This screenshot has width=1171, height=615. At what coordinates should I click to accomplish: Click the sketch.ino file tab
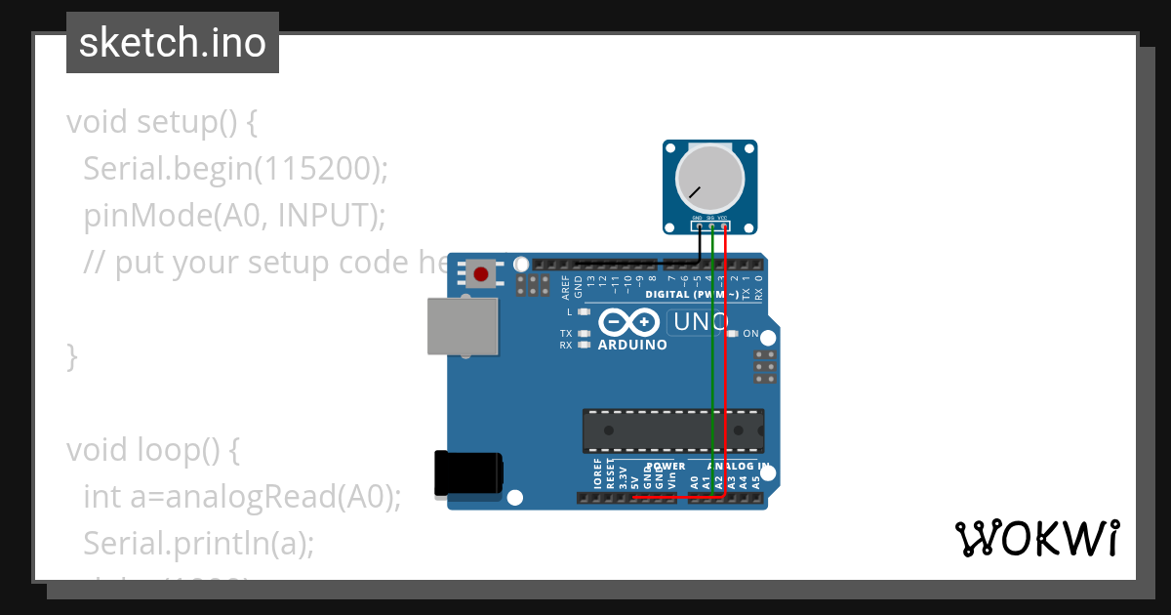tap(173, 43)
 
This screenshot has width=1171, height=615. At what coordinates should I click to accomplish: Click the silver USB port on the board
tap(464, 326)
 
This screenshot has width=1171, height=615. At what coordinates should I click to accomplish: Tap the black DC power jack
tap(469, 471)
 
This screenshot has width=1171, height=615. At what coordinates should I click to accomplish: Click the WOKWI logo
tap(1036, 538)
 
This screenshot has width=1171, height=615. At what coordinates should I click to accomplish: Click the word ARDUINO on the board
tap(632, 345)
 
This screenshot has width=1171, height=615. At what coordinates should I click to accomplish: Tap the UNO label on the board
tap(698, 322)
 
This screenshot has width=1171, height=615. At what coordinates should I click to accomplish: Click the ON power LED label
tap(750, 334)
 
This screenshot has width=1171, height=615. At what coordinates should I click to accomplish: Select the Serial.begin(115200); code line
tap(236, 169)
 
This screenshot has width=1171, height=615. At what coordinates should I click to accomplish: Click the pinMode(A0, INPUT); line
tap(230, 216)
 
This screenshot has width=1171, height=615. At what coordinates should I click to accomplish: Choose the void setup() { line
tap(162, 122)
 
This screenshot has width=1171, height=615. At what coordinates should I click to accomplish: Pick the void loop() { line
tap(153, 450)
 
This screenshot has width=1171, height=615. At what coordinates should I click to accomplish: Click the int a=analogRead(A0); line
tap(242, 497)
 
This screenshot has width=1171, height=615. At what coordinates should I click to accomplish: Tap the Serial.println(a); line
tap(199, 543)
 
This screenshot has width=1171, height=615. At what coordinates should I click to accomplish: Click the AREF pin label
tap(565, 286)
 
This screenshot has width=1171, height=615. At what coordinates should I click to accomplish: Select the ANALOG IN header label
tap(737, 467)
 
